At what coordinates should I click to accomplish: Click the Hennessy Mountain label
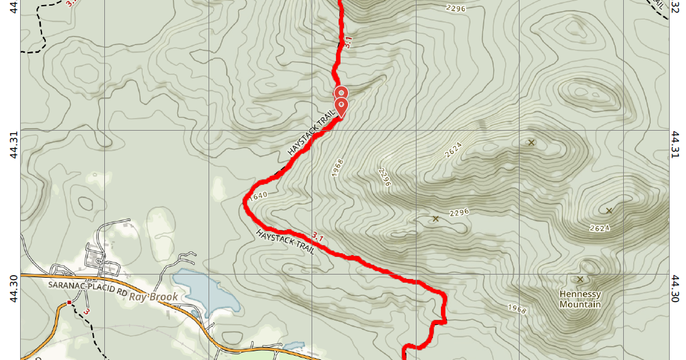click(580, 299)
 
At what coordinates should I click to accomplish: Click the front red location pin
click(341, 106)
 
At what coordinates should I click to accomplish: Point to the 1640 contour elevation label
click(258, 195)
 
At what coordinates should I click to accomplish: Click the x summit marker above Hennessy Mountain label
click(580, 279)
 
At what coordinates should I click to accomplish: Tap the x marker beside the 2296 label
click(435, 219)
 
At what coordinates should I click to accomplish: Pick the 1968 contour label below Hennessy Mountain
click(514, 308)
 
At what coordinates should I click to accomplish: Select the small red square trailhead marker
click(69, 303)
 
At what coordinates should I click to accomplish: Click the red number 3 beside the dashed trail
click(87, 312)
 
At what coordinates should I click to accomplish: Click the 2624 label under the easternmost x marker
click(599, 227)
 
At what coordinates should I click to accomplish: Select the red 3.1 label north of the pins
click(347, 43)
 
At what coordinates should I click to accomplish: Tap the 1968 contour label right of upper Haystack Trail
click(338, 168)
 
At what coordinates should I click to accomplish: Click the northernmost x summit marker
click(531, 142)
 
